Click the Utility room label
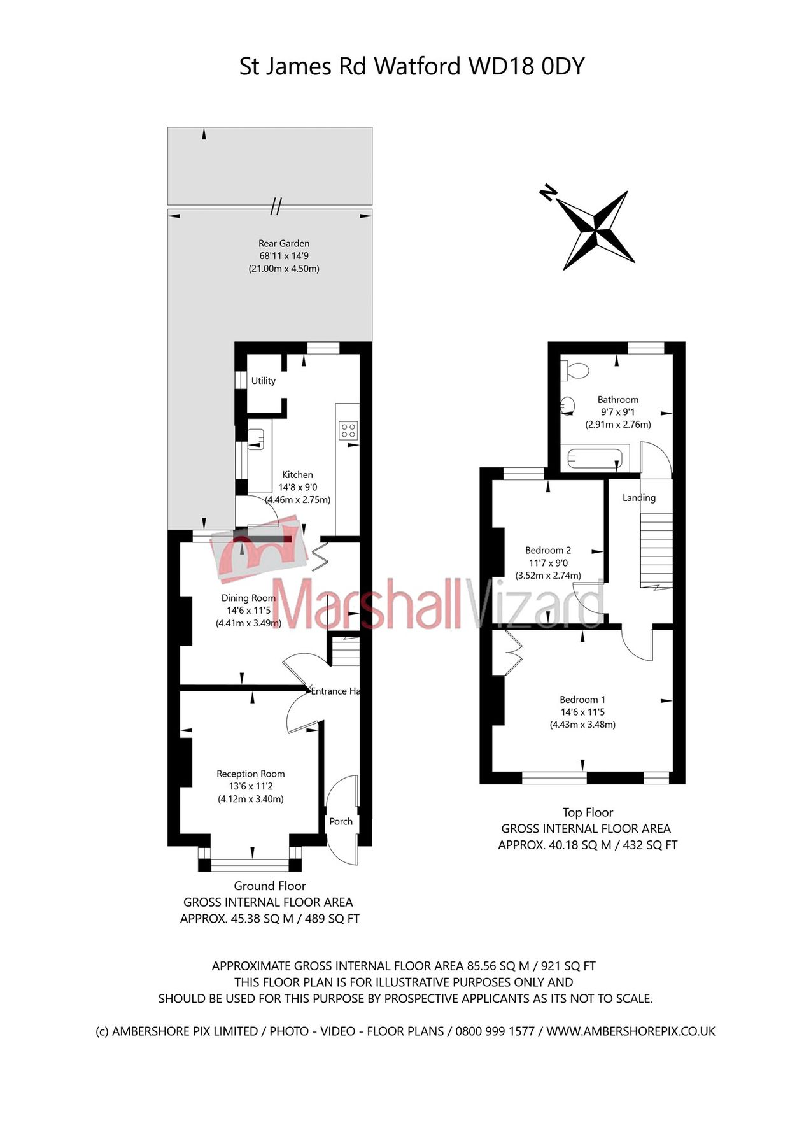(x=263, y=381)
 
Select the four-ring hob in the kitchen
(x=348, y=430)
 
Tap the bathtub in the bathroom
(x=594, y=458)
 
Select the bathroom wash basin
(x=568, y=405)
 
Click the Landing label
(x=638, y=498)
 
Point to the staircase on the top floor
(x=656, y=551)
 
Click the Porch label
(x=341, y=821)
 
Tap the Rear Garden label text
(x=284, y=243)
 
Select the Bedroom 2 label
(x=547, y=550)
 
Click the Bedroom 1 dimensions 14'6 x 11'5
(x=582, y=712)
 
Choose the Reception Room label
(x=250, y=774)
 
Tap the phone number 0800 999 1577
(x=495, y=1031)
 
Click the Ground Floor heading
(x=269, y=886)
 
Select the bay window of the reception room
(x=250, y=864)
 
